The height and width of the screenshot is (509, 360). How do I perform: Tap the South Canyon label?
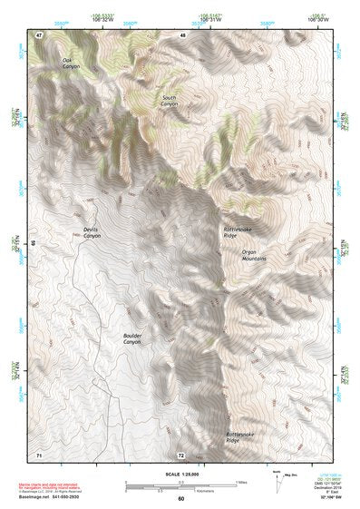[x=170, y=100]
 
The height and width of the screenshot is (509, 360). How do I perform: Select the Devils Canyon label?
[x=92, y=233]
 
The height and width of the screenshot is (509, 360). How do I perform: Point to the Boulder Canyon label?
[x=132, y=338]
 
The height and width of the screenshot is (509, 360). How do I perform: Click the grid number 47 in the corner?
[x=39, y=34]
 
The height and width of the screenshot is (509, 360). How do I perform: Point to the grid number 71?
[x=39, y=454]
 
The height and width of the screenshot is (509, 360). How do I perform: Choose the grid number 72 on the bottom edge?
[x=181, y=455]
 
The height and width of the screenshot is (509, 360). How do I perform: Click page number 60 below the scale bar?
[x=180, y=498]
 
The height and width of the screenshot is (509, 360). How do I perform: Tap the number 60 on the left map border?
[x=33, y=243]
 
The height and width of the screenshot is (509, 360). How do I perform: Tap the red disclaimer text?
[x=54, y=485]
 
